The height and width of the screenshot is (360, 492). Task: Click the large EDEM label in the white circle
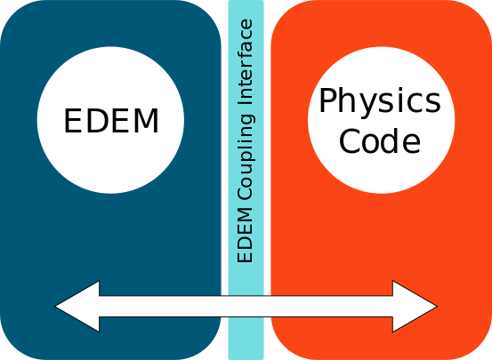click(111, 121)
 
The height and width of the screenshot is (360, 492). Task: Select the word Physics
click(380, 102)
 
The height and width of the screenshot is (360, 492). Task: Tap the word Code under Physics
click(380, 140)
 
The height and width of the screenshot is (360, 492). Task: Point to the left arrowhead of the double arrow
click(77, 306)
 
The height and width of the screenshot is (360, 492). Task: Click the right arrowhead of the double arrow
click(415, 306)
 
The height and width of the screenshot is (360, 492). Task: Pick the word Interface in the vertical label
click(245, 62)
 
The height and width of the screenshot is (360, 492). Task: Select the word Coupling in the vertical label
click(246, 156)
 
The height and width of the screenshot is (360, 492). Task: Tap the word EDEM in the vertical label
click(245, 236)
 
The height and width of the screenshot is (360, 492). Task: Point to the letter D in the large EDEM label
click(97, 121)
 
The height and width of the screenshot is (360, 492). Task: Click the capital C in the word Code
click(350, 140)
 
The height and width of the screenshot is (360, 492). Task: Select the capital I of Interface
click(245, 103)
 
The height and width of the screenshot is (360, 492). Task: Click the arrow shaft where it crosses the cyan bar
click(246, 306)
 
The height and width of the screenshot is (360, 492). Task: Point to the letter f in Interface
click(245, 52)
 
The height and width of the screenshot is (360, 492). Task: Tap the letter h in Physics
click(348, 100)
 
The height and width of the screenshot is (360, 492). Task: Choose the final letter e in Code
click(411, 144)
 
